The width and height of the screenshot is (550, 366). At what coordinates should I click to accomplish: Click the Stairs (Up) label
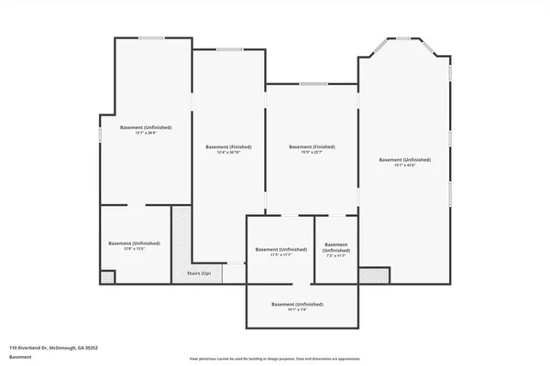pyautogui.click(x=200, y=274)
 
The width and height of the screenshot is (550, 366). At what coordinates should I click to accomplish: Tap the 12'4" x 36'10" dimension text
pyautogui.click(x=228, y=153)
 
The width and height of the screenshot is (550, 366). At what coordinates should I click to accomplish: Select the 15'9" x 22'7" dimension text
pyautogui.click(x=311, y=153)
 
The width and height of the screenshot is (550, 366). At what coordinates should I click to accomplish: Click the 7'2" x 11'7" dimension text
pyautogui.click(x=336, y=255)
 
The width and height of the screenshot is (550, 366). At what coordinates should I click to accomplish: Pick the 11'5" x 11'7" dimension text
pyautogui.click(x=280, y=255)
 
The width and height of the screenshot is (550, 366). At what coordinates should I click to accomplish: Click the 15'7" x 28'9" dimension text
pyautogui.click(x=146, y=133)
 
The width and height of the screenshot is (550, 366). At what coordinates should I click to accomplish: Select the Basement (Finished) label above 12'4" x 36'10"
pyautogui.click(x=228, y=146)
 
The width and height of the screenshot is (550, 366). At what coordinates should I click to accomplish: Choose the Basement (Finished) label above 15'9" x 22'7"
pyautogui.click(x=312, y=146)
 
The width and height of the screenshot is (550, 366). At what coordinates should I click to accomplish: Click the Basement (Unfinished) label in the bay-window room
pyautogui.click(x=405, y=159)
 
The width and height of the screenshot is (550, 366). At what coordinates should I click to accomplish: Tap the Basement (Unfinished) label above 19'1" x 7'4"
pyautogui.click(x=297, y=304)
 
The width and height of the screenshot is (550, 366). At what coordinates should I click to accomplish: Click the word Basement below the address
pyautogui.click(x=19, y=357)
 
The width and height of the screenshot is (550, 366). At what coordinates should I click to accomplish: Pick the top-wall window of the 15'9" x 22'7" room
pyautogui.click(x=313, y=84)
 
